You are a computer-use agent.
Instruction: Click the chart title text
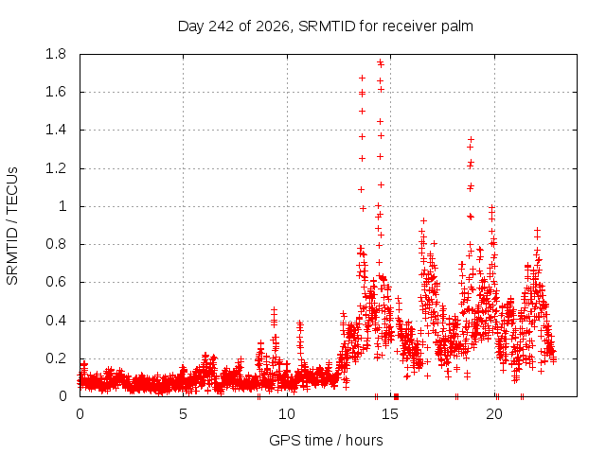[x=326, y=26]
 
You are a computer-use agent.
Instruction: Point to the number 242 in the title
[x=221, y=26]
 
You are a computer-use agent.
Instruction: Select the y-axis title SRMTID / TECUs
[x=12, y=226]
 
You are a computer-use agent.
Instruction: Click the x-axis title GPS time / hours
[x=326, y=440]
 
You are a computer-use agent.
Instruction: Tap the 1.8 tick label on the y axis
[x=56, y=54]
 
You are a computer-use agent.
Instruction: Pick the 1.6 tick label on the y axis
[x=56, y=92]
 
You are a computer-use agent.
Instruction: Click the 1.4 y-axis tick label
[x=56, y=131]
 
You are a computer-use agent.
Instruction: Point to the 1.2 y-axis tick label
[x=56, y=168]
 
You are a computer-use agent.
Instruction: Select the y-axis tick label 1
[x=62, y=206]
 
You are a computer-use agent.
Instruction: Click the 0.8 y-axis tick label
[x=56, y=244]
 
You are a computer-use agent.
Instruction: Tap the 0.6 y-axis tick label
[x=56, y=282]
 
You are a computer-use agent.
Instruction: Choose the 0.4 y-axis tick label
[x=56, y=321]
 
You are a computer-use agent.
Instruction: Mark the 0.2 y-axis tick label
[x=56, y=358]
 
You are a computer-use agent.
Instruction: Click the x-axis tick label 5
[x=183, y=414]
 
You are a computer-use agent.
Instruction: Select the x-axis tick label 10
[x=287, y=414]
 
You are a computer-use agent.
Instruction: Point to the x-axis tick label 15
[x=390, y=414]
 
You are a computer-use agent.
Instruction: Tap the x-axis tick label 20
[x=494, y=414]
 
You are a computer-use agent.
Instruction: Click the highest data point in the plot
[x=381, y=61]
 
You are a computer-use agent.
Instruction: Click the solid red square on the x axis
[x=396, y=396]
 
